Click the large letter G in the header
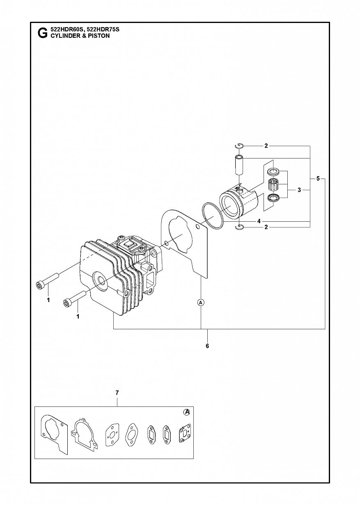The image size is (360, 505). click(42, 33)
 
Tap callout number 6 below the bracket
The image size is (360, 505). click(207, 346)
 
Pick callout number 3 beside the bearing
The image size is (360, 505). click(299, 190)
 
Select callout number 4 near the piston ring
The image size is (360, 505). click(259, 221)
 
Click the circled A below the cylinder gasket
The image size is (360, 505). click(201, 302)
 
